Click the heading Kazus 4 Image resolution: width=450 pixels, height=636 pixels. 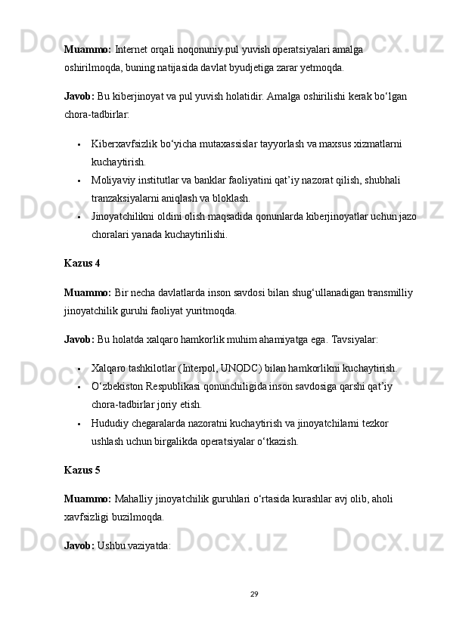click(x=82, y=264)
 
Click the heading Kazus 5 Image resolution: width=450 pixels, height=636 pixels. click(x=82, y=470)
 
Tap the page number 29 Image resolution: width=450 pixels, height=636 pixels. click(x=255, y=593)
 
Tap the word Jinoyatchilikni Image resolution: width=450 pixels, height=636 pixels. click(x=124, y=217)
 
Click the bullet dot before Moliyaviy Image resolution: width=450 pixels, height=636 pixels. click(x=79, y=181)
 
